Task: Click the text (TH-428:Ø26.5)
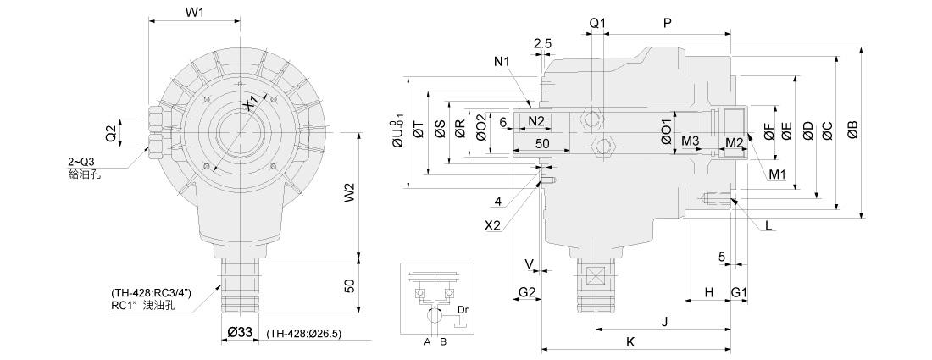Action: (x=303, y=334)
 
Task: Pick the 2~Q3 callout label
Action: (x=81, y=161)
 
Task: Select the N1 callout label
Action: (x=502, y=61)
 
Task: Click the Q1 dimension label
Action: (x=597, y=23)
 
